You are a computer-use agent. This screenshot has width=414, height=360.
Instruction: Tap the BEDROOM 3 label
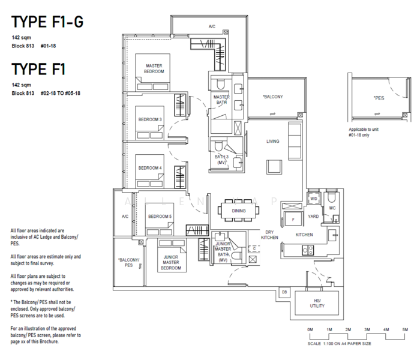150,119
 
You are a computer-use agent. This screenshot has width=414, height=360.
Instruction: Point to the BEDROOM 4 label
150,168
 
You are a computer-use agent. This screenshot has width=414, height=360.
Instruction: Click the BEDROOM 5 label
160,216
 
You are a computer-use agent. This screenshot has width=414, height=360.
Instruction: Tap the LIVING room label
274,142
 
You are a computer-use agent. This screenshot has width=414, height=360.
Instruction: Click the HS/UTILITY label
317,303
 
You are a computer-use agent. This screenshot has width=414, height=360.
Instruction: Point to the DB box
284,292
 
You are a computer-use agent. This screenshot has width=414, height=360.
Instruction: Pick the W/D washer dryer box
313,198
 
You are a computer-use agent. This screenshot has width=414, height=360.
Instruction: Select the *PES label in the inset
378,97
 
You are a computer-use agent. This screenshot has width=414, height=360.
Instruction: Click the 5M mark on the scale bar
405,331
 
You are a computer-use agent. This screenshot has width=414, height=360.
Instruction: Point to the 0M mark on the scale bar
310,331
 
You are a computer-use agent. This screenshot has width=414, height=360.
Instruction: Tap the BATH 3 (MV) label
221,159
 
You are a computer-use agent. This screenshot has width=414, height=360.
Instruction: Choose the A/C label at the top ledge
212,27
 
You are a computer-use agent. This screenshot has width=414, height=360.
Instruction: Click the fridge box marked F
293,220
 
